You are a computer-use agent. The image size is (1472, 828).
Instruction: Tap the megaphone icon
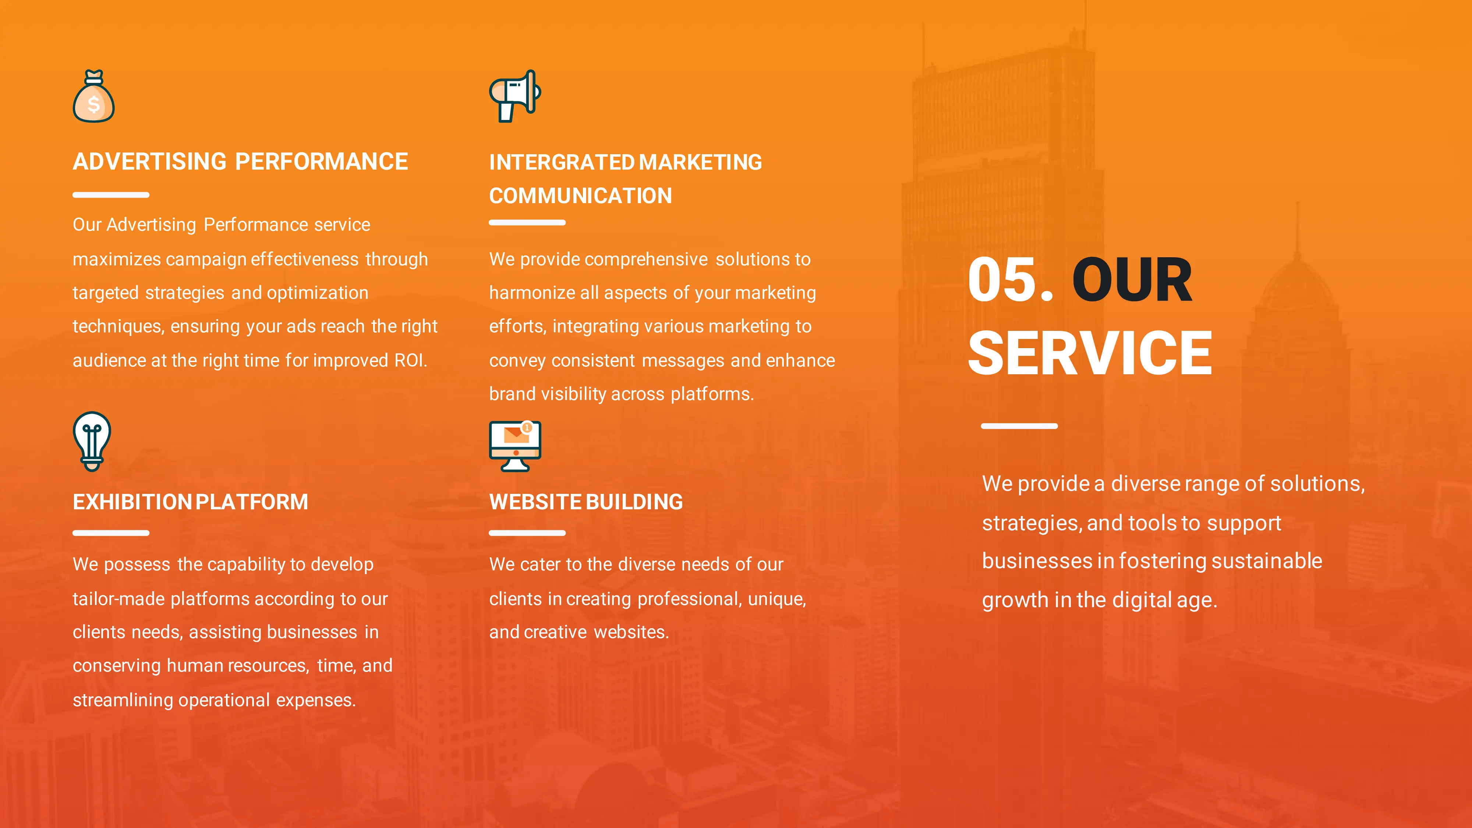(515, 96)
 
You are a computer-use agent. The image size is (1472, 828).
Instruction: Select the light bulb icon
(92, 441)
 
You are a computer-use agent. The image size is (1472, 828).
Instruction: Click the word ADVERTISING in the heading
(150, 162)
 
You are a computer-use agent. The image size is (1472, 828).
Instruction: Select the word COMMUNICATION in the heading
(581, 196)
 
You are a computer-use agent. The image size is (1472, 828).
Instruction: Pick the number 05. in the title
(1010, 280)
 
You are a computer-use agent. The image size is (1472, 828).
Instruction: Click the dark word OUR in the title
(1132, 280)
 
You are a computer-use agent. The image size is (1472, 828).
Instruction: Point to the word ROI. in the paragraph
(411, 361)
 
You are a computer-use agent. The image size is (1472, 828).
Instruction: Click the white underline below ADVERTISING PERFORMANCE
(111, 195)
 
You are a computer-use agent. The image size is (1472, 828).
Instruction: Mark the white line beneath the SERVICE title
(1019, 426)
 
